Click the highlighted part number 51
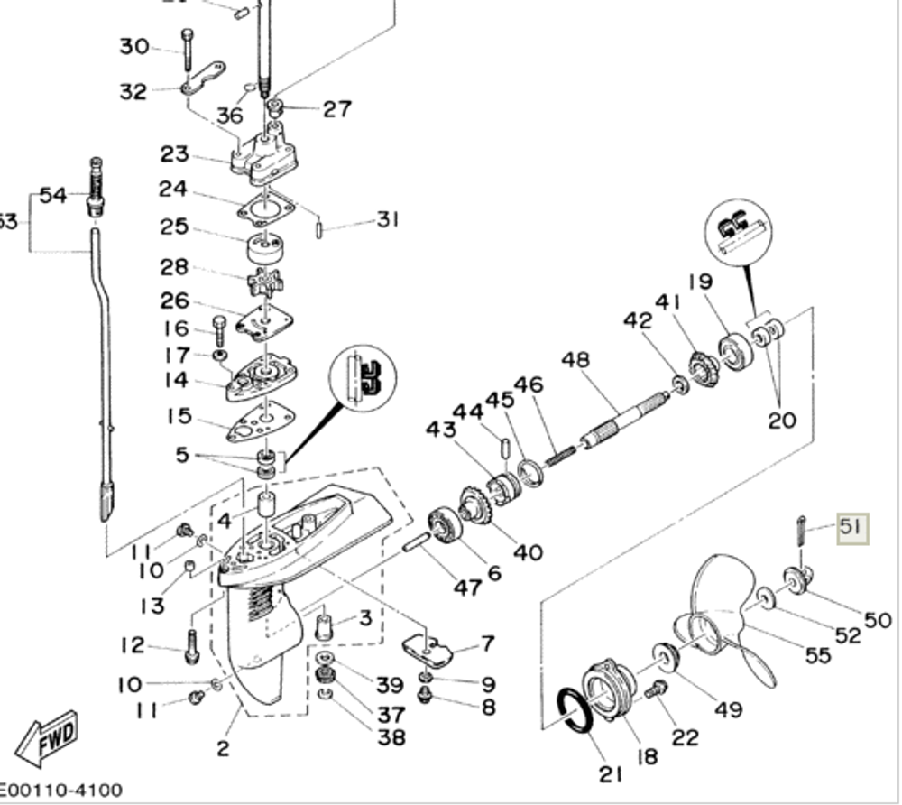click(x=851, y=527)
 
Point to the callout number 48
click(x=575, y=361)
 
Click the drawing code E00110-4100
click(x=60, y=791)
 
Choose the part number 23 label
click(x=174, y=153)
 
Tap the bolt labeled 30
click(x=187, y=47)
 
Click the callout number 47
click(x=466, y=588)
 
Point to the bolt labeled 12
click(x=191, y=646)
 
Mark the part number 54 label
click(x=52, y=195)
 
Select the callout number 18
click(x=647, y=756)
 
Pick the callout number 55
click(x=817, y=654)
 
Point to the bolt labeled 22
click(x=656, y=689)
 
